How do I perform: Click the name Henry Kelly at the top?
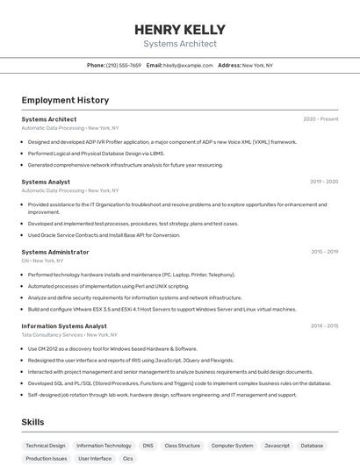coord(180,29)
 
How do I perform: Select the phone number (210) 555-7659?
coord(123,65)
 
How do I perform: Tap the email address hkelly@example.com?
coord(188,65)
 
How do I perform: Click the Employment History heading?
coord(65,100)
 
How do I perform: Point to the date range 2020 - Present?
coord(320,119)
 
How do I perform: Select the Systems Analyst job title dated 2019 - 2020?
coord(46,182)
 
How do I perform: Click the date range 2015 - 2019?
coord(324,252)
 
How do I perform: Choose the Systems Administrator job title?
coord(54,252)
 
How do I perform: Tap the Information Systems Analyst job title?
coord(64,326)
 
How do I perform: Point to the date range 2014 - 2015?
coord(324,326)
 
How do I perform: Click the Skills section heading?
coord(32,422)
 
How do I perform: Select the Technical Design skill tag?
coord(46,446)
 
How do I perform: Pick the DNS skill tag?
coord(148,446)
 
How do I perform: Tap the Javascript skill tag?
coord(277,446)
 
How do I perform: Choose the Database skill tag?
coord(312,446)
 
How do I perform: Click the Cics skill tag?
coord(128,459)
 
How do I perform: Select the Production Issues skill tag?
coord(46,459)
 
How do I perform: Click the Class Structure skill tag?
coord(183,446)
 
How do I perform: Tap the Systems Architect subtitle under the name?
coord(180,44)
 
